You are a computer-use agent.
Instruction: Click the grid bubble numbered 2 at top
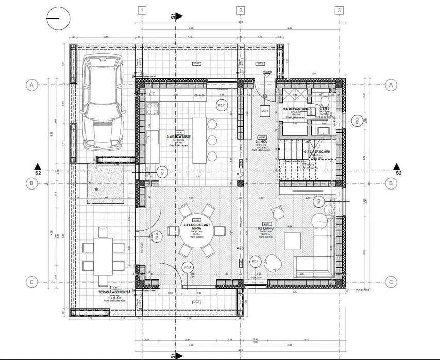click(x=240, y=10)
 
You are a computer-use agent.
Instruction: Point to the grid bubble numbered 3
click(x=339, y=10)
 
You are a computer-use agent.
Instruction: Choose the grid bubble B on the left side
click(x=32, y=183)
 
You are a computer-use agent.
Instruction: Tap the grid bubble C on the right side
click(x=391, y=282)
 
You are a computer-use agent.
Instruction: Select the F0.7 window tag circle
click(x=222, y=106)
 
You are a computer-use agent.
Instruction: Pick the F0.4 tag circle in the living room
click(x=255, y=262)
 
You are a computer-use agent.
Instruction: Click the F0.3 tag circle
click(x=187, y=267)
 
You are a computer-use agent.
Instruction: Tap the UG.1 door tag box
click(x=265, y=110)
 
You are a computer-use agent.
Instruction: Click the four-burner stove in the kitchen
click(x=153, y=108)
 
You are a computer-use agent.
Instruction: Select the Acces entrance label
click(x=267, y=71)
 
